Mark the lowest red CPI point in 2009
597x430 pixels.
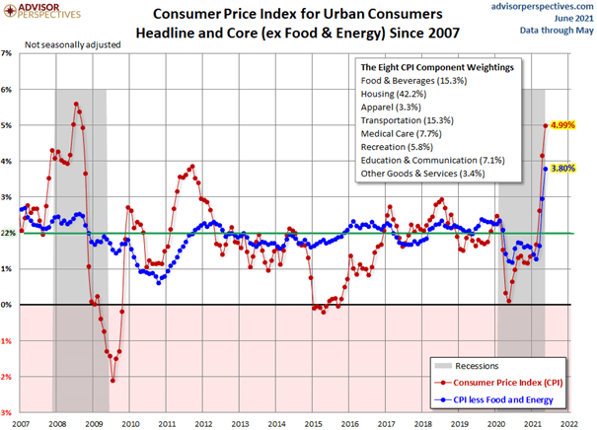(x=112, y=380)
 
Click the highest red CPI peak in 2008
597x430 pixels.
(x=76, y=104)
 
